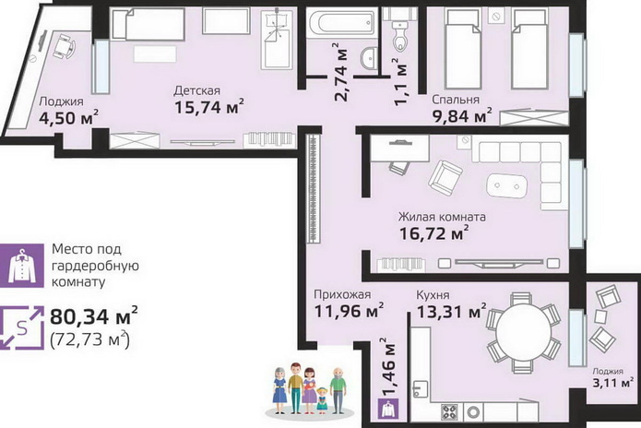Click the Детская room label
tap(196, 90)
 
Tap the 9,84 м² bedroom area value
tap(462, 116)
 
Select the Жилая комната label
tap(442, 217)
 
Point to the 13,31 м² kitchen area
tap(451, 312)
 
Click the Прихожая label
tap(342, 295)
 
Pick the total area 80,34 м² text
tap(94, 316)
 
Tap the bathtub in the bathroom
tap(341, 22)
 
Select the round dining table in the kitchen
tap(524, 332)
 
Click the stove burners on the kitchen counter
tap(449, 411)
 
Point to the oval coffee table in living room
tap(507, 186)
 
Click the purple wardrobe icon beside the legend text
tap(21, 266)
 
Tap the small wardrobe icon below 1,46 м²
tap(388, 410)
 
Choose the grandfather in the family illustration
tap(338, 390)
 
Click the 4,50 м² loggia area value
tap(68, 118)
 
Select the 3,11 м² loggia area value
tap(613, 383)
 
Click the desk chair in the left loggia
tap(65, 47)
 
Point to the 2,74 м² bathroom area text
tap(341, 72)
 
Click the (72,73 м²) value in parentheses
tap(90, 339)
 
